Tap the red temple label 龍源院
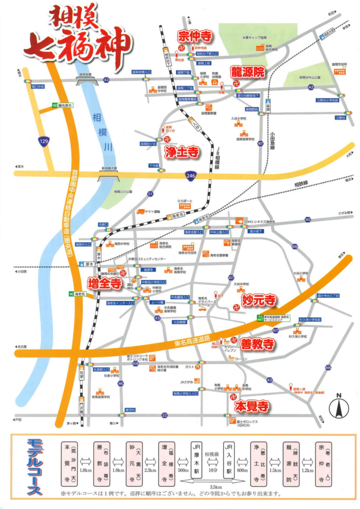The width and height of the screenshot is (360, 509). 248,72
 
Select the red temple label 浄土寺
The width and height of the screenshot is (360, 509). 182,151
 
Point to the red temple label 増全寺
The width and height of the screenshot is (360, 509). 104,283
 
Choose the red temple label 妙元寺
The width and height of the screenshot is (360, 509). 259,301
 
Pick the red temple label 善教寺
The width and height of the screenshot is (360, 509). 257,344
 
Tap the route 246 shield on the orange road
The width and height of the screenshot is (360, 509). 189,175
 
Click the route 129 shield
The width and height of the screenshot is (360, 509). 45,143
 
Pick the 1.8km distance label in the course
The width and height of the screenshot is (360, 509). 85,470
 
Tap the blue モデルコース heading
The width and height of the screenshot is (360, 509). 35,465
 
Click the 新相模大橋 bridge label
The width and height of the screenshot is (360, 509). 109,168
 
